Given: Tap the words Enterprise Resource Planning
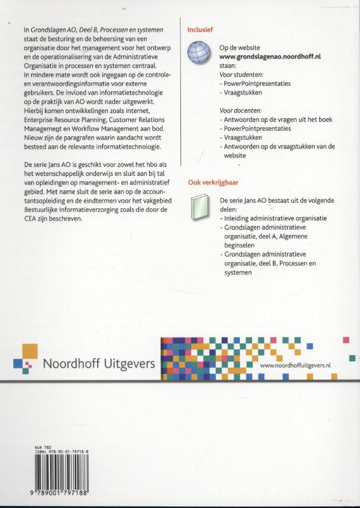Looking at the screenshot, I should pyautogui.click(x=65, y=119).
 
